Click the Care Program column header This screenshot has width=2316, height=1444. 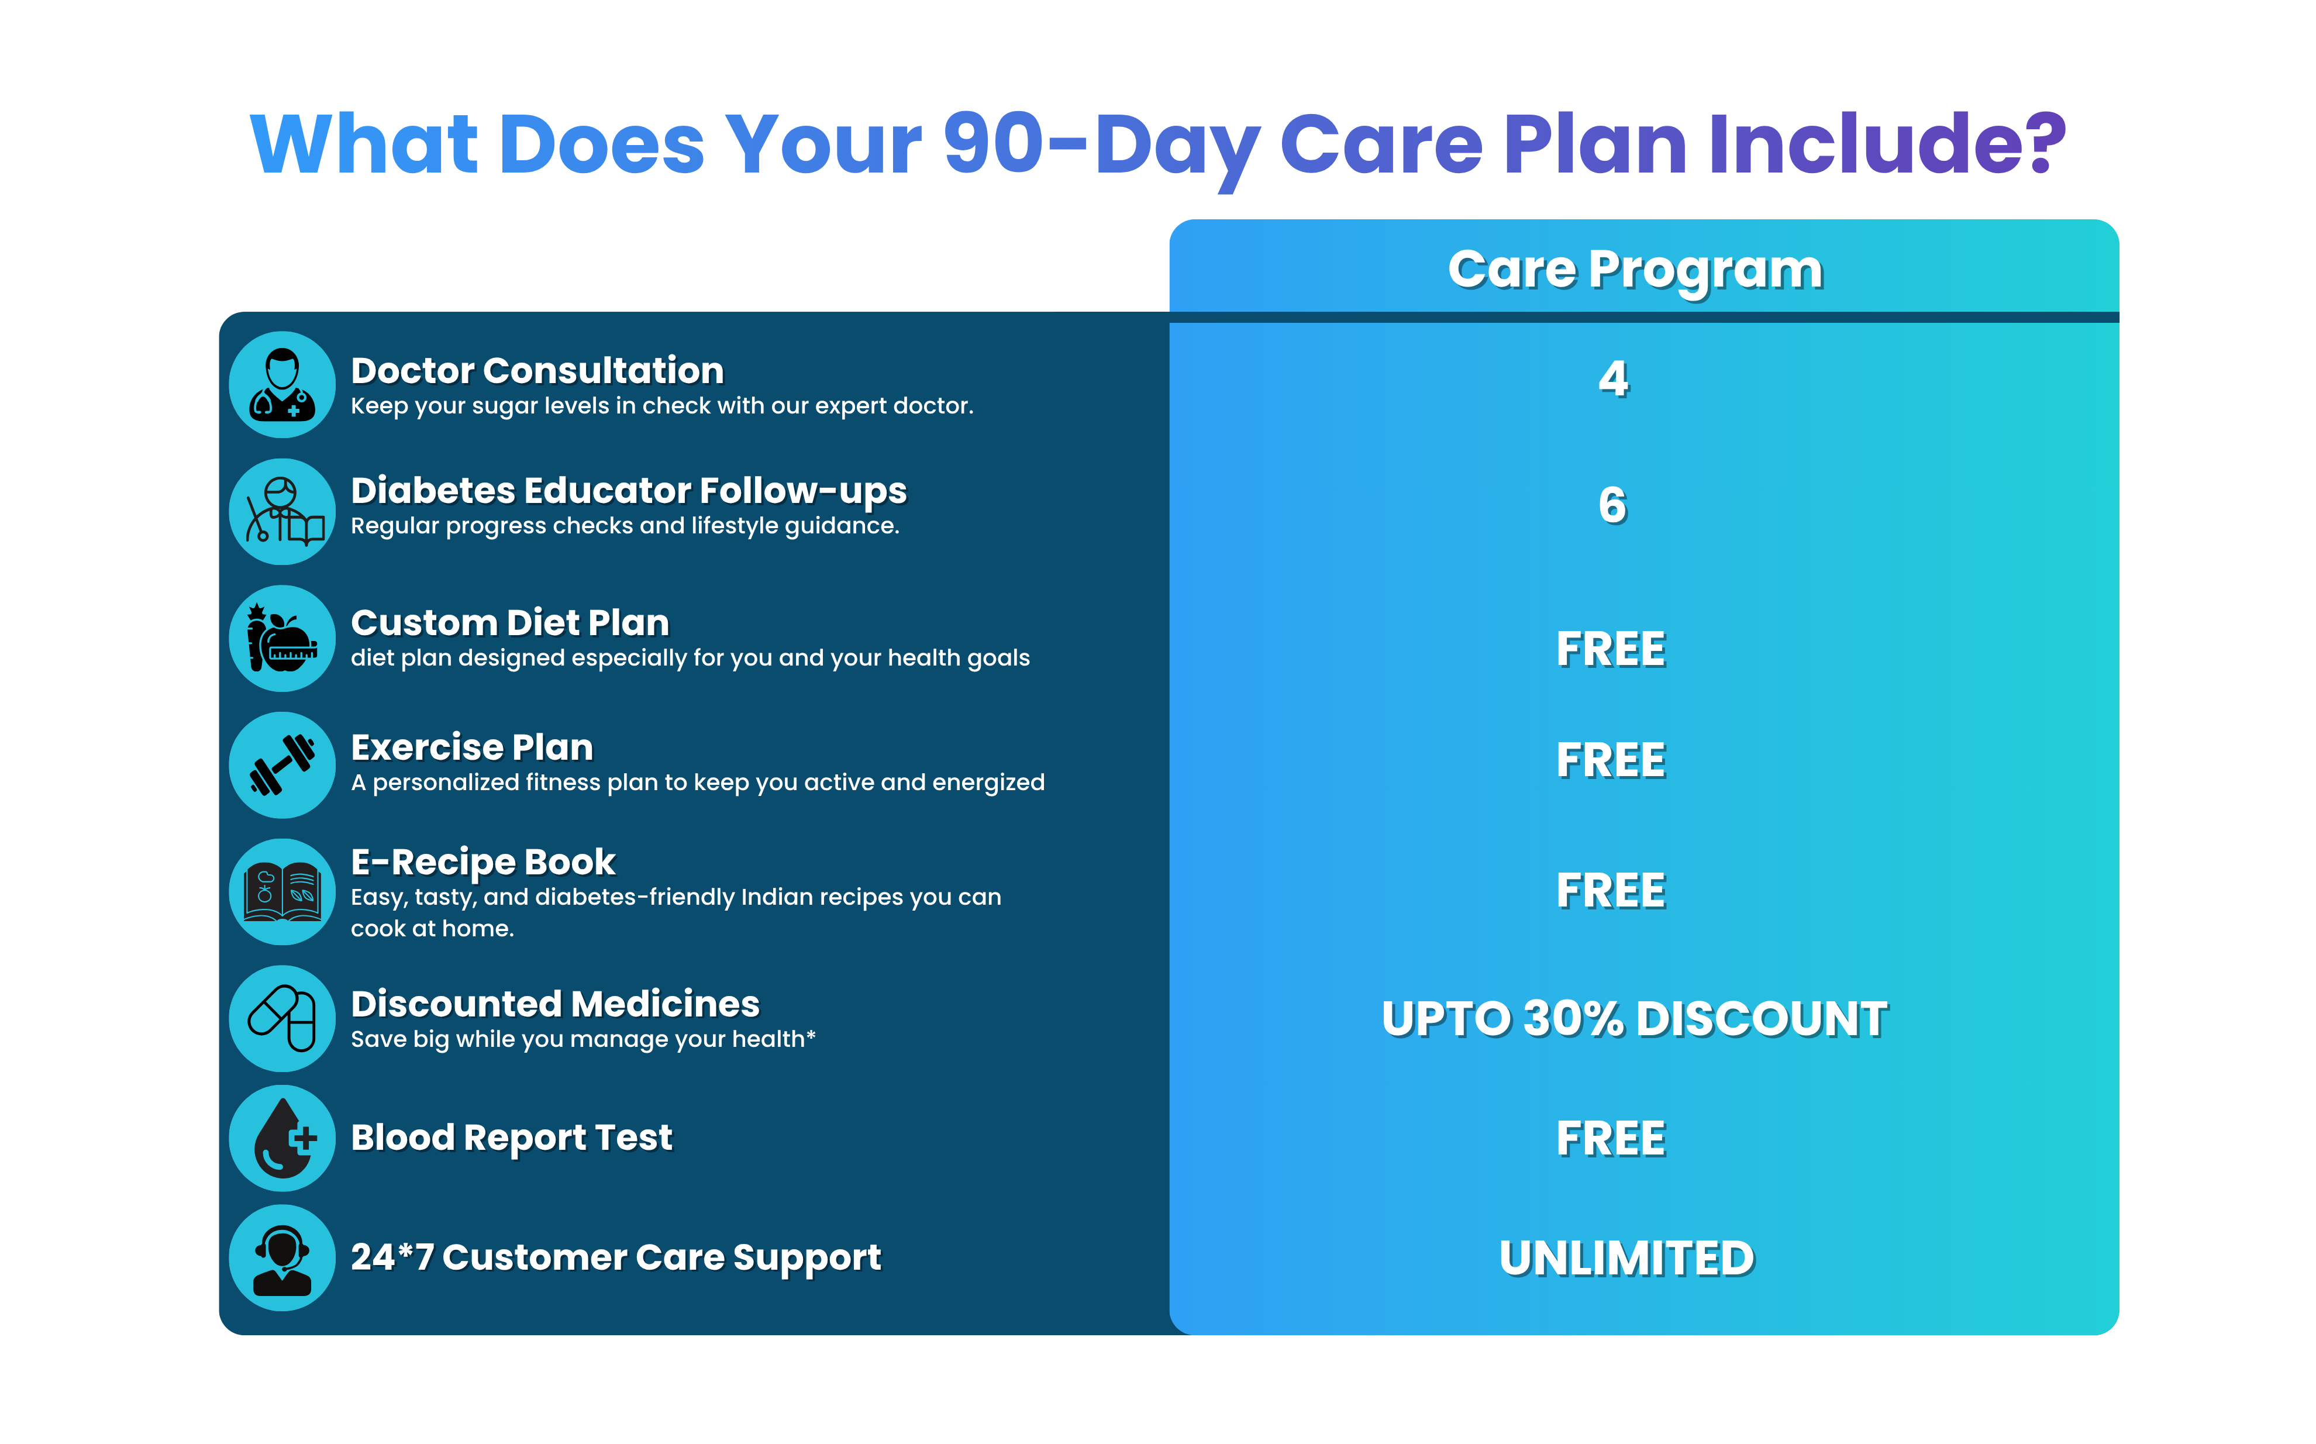(1635, 270)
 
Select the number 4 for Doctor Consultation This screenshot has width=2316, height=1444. (1613, 379)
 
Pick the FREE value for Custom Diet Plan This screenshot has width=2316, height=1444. (1611, 649)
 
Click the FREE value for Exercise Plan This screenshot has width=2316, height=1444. (1611, 761)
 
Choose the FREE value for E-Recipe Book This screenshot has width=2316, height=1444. (1611, 891)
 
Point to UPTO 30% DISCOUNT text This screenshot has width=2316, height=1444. (1635, 1019)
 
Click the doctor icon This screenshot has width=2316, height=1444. (282, 385)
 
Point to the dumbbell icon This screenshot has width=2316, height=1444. (282, 765)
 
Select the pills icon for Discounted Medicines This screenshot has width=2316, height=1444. (282, 1018)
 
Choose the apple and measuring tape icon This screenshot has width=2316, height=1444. (282, 638)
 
